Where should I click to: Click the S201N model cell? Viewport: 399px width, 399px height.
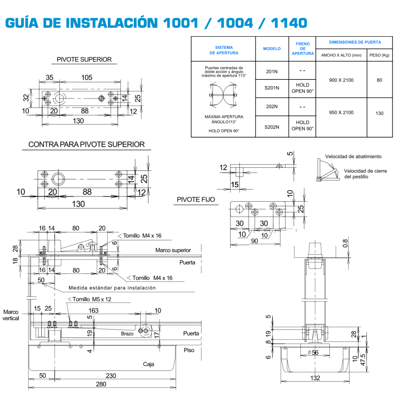click(272, 88)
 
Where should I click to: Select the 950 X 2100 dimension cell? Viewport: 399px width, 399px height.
click(341, 113)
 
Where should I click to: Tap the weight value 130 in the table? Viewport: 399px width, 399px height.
click(379, 113)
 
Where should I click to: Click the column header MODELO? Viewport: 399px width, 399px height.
click(272, 49)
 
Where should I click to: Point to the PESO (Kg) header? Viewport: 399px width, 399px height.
click(379, 55)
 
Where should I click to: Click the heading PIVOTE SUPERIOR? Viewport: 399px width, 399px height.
click(84, 59)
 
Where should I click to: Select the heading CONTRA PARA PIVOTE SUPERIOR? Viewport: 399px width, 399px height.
click(86, 144)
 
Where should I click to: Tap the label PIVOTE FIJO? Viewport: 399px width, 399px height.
click(196, 200)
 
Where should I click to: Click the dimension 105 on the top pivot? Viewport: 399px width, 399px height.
click(86, 77)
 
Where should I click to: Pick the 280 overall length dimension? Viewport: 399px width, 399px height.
click(100, 384)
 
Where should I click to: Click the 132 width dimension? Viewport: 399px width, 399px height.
click(315, 378)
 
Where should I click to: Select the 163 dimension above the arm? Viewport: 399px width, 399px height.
click(93, 311)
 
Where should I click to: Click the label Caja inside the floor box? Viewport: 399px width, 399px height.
click(149, 364)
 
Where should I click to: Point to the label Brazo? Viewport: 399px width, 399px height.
click(127, 334)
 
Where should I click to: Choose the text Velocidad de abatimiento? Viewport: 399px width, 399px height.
click(353, 156)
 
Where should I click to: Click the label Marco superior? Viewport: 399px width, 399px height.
click(173, 250)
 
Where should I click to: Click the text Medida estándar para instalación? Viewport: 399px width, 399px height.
click(112, 287)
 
